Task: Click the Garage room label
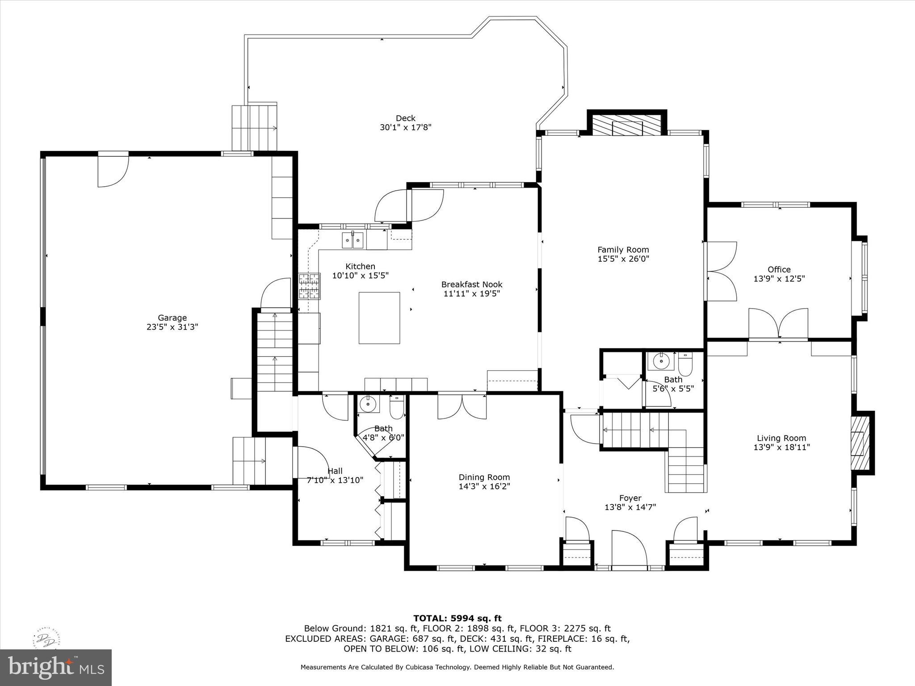point(172,318)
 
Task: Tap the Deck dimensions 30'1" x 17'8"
point(405,127)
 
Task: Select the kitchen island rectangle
point(379,318)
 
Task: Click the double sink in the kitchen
point(353,240)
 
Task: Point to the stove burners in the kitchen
point(309,286)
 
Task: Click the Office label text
point(779,269)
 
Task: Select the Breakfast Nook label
point(472,284)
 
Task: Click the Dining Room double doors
point(462,406)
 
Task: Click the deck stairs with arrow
point(254,128)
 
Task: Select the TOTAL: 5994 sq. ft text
point(457,618)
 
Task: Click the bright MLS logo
point(55,667)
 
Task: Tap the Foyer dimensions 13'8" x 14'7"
point(630,507)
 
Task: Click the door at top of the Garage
point(113,170)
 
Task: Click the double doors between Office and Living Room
point(778,324)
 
